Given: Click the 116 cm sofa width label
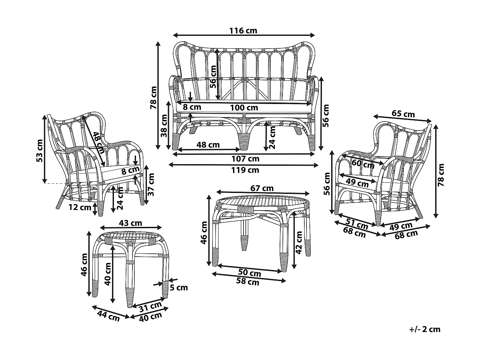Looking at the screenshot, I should [243, 31].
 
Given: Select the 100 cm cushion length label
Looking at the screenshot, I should [244, 108].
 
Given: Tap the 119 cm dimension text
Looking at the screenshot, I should [245, 170].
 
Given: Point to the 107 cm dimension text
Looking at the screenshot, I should [245, 159].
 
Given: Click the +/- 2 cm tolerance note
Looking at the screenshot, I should [425, 329].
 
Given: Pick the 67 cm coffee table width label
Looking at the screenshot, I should [262, 188].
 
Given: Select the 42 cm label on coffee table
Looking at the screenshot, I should [299, 242].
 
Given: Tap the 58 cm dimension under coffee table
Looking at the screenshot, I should [247, 282].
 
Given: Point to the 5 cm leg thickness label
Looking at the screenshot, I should [179, 287].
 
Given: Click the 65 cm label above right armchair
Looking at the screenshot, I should [403, 114].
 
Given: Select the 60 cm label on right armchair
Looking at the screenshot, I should [363, 164].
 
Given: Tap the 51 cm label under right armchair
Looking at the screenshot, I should [357, 223].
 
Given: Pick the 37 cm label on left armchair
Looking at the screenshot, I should [151, 184].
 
